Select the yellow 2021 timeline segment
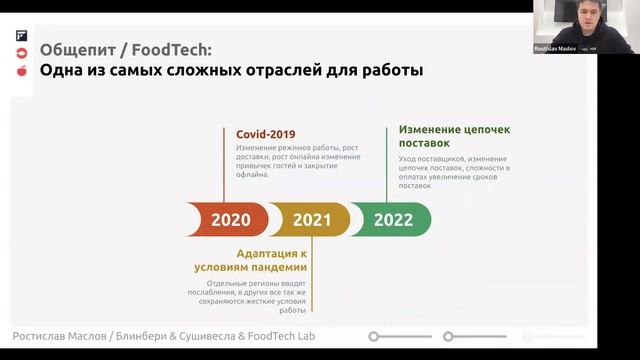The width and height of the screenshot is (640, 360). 312,220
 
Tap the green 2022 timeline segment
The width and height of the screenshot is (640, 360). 393,220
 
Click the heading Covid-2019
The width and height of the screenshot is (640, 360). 265,134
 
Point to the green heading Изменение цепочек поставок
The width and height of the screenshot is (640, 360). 453,136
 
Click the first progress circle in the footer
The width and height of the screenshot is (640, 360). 374,337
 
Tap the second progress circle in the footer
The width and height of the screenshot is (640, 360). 448,337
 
